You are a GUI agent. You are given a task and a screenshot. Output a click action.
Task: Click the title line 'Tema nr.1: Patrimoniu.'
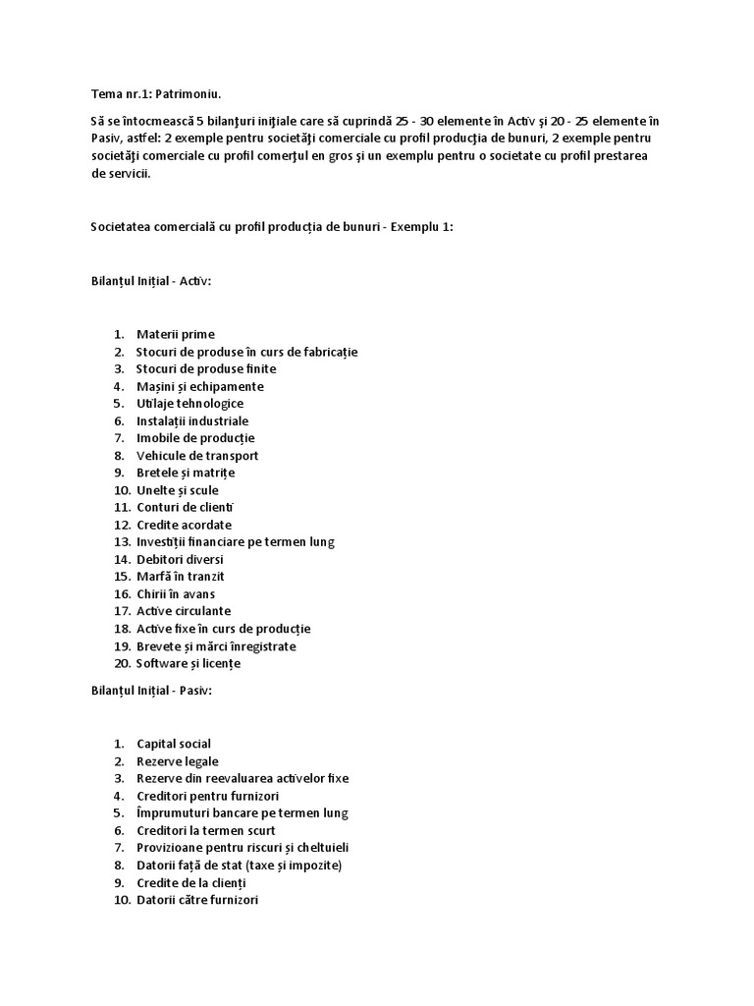point(156,94)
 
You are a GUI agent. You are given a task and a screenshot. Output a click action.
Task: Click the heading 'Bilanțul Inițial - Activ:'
point(151,282)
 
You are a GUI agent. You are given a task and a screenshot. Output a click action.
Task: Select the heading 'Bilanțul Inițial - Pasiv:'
point(152,692)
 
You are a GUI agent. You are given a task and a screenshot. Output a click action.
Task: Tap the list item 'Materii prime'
point(175,334)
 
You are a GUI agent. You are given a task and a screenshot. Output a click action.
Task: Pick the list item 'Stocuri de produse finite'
point(206,368)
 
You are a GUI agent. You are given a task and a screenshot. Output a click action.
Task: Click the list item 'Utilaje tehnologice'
point(189,403)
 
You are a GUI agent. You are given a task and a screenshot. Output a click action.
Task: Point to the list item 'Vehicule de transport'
point(197,455)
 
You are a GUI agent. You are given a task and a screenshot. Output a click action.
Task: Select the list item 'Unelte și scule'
point(178,490)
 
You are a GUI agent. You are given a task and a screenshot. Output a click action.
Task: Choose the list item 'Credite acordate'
point(184,525)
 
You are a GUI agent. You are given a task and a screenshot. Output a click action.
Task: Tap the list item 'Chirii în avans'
point(176,593)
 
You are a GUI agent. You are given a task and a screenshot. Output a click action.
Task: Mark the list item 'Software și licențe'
point(188,663)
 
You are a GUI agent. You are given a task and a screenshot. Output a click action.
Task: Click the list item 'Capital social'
point(174,744)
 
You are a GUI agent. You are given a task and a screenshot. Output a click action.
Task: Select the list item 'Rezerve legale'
point(178,761)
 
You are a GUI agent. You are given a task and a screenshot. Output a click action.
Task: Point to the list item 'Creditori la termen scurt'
point(205,830)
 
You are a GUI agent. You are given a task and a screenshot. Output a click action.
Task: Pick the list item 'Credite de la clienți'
point(191,882)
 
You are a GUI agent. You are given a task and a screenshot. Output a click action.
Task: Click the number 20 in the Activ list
point(122,663)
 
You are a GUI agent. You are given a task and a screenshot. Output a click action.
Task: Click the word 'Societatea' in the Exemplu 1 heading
point(124,227)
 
